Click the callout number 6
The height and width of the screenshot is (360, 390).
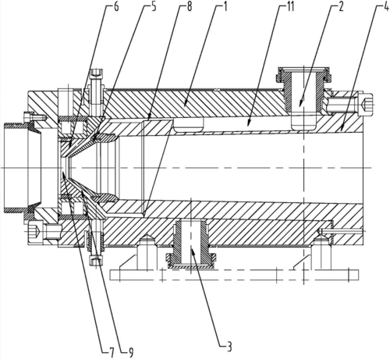(x=116, y=7)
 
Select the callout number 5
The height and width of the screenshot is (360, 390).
(x=154, y=7)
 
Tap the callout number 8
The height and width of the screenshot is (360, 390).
(x=190, y=7)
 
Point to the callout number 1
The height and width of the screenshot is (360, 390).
(x=225, y=7)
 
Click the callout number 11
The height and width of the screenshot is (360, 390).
(x=290, y=7)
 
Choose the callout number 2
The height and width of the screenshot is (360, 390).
(x=341, y=7)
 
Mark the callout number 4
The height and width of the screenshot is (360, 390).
(x=386, y=7)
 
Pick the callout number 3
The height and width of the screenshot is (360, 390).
(x=229, y=347)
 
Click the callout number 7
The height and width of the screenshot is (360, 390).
(x=111, y=352)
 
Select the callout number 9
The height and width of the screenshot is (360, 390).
(x=131, y=352)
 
